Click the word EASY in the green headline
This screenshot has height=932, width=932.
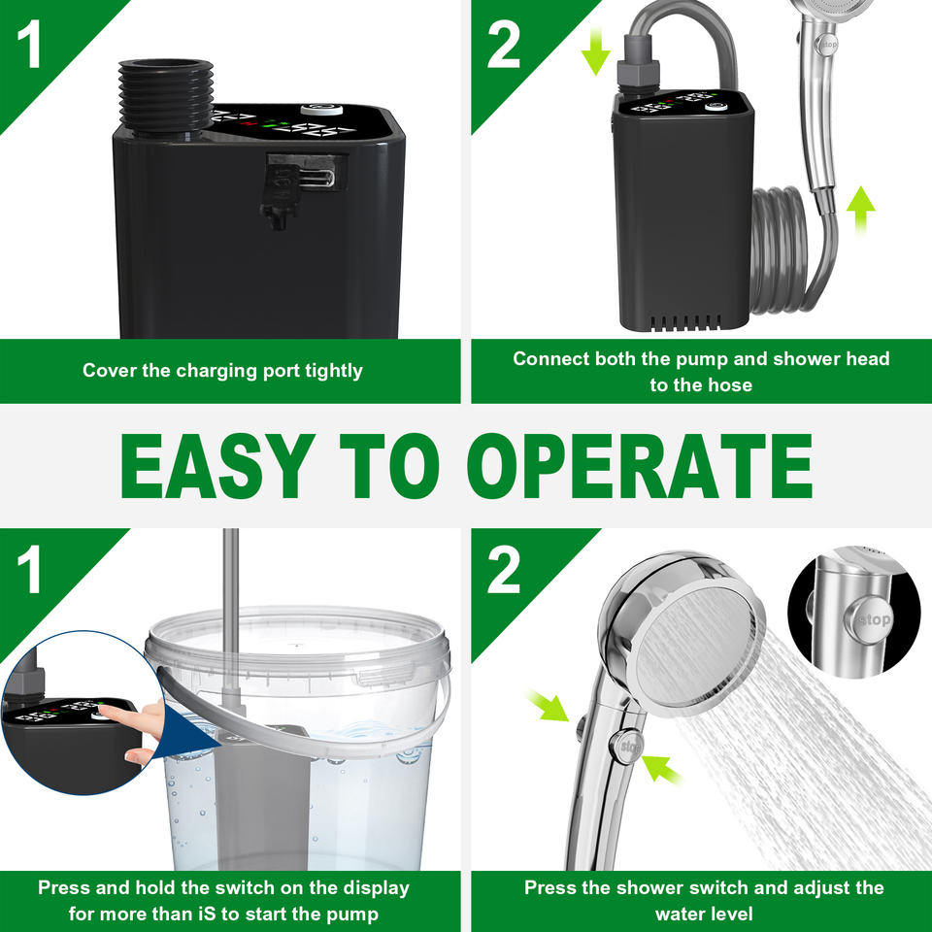click(217, 466)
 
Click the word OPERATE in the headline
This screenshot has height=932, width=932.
click(640, 466)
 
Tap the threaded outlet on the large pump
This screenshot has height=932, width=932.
click(166, 96)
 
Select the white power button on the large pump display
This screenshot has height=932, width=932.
click(321, 110)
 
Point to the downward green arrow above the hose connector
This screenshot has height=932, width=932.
click(595, 51)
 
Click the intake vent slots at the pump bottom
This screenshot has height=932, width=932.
click(684, 322)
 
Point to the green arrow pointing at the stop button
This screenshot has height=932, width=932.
click(661, 769)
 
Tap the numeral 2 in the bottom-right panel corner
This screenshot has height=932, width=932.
click(504, 570)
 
